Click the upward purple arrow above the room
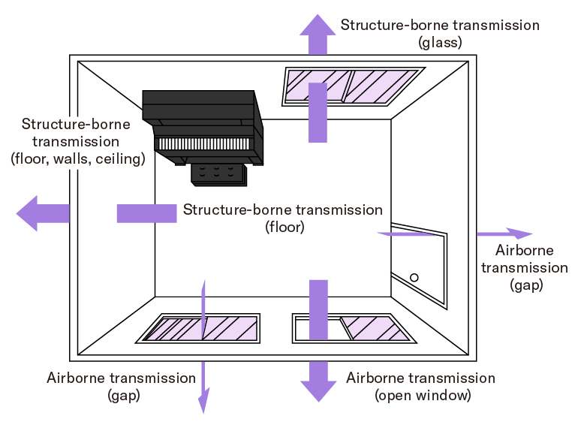click(x=318, y=33)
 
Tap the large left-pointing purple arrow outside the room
click(x=41, y=213)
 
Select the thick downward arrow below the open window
click(x=318, y=381)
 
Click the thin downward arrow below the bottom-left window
click(x=203, y=387)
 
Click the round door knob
click(x=414, y=277)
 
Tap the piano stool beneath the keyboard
click(x=218, y=173)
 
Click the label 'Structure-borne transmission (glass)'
click(x=439, y=33)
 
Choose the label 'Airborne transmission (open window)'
click(x=421, y=386)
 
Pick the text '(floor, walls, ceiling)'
click(x=77, y=158)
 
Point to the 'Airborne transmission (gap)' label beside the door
click(x=525, y=267)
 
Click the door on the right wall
click(x=419, y=264)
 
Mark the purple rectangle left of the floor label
click(x=146, y=213)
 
